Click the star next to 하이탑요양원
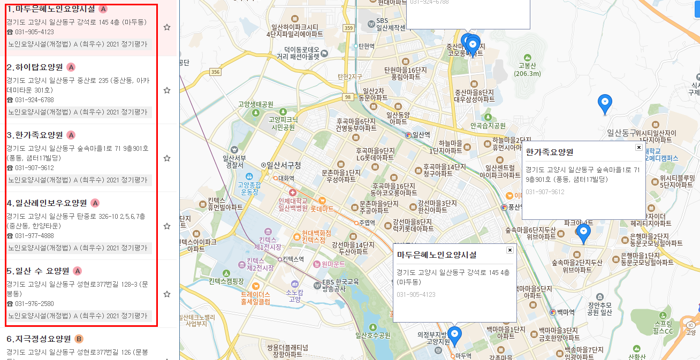point(167,90)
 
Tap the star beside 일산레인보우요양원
point(167,226)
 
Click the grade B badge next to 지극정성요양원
point(79,339)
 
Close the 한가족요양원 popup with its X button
point(638,147)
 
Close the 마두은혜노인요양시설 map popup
point(509,250)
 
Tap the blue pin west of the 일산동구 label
point(605,103)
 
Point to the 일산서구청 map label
point(284,165)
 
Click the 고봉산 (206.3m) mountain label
point(527,69)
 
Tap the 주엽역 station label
point(367,222)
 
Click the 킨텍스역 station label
point(293,259)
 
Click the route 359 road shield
point(349,28)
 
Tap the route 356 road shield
point(216,72)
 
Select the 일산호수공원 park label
point(372,336)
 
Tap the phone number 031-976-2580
point(34,304)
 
